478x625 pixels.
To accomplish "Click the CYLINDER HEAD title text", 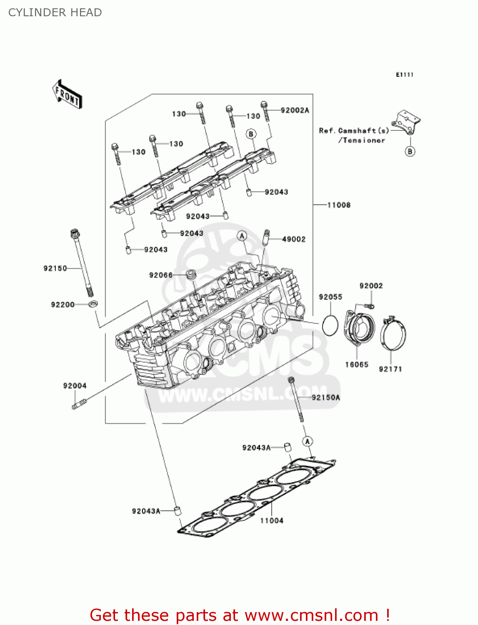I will (x=55, y=12).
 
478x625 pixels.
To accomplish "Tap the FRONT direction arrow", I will (x=67, y=95).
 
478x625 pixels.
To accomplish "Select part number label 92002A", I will (x=295, y=110).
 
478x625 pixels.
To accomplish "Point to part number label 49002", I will (x=294, y=239).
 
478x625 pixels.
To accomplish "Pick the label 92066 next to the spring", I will (x=160, y=275).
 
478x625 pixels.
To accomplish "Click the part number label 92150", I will (x=55, y=268).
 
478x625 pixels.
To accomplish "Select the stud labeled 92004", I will (x=79, y=404).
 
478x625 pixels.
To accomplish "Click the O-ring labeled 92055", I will (x=330, y=325).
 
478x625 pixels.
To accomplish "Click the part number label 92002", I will (x=371, y=286).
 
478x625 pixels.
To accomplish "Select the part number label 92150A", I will (x=326, y=397).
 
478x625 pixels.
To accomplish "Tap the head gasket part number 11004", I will (x=272, y=520).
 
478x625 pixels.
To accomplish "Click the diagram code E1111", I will (x=404, y=75).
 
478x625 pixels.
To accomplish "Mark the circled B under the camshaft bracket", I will (x=410, y=151).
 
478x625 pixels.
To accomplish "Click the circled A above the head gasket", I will (x=307, y=441).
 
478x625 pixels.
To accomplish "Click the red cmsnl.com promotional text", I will (x=240, y=615).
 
